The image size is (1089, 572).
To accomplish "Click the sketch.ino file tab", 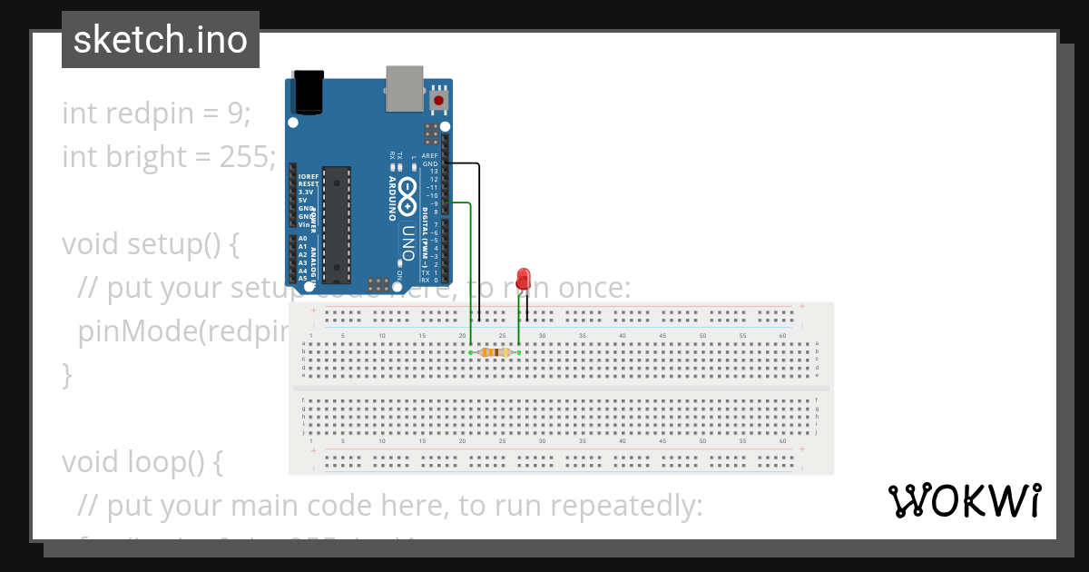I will pyautogui.click(x=160, y=40).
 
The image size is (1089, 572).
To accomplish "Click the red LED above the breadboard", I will pyautogui.click(x=523, y=279).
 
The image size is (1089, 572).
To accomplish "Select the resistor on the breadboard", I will pyautogui.click(x=494, y=352).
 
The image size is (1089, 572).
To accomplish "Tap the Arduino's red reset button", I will pyautogui.click(x=439, y=100).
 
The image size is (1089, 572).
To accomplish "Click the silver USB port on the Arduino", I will pyautogui.click(x=404, y=88).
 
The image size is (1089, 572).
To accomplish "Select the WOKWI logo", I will pyautogui.click(x=964, y=500).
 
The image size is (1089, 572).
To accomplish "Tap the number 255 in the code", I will pyautogui.click(x=241, y=157).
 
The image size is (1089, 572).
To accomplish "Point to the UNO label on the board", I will pyautogui.click(x=409, y=242).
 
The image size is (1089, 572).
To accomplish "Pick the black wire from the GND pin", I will pyautogui.click(x=478, y=236).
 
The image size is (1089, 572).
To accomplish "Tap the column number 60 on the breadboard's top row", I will pyautogui.click(x=782, y=336).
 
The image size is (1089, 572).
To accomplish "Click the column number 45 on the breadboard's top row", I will pyautogui.click(x=662, y=336).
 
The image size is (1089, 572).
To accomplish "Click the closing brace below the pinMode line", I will pyautogui.click(x=67, y=374).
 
